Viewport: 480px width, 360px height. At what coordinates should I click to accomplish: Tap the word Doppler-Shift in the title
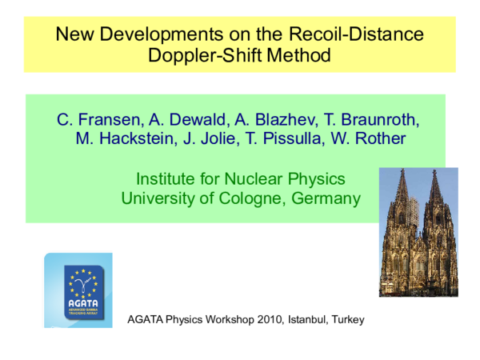tap(200, 56)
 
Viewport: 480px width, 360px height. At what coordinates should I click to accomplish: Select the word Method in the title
tap(290, 56)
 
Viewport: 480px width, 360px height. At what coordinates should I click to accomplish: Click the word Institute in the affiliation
tap(166, 178)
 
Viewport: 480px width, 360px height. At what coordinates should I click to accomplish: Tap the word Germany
tap(329, 198)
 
